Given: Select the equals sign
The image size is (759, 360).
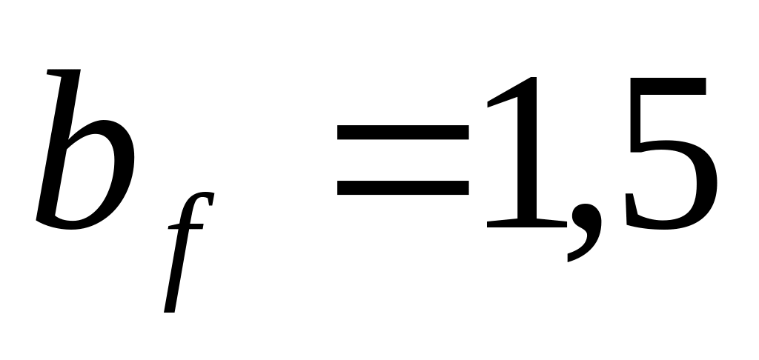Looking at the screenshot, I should tap(402, 159).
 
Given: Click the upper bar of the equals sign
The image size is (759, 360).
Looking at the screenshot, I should tap(402, 133).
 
